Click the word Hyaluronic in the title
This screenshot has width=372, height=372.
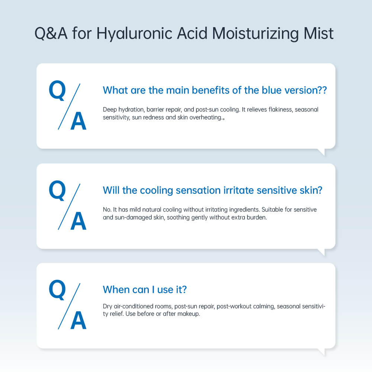point(134,33)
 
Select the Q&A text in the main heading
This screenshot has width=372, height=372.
point(51,33)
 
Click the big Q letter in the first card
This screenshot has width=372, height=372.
point(57,90)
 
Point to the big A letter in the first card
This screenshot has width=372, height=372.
point(78,121)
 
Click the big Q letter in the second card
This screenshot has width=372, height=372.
point(57,190)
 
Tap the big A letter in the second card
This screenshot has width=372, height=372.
point(78,221)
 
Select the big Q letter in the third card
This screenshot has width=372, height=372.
point(57,290)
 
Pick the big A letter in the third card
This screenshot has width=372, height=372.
point(78,321)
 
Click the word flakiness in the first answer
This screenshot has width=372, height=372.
point(280,109)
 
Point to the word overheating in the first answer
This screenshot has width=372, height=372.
point(205,118)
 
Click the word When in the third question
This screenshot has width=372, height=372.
point(116,290)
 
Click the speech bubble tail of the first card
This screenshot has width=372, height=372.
point(322,152)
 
